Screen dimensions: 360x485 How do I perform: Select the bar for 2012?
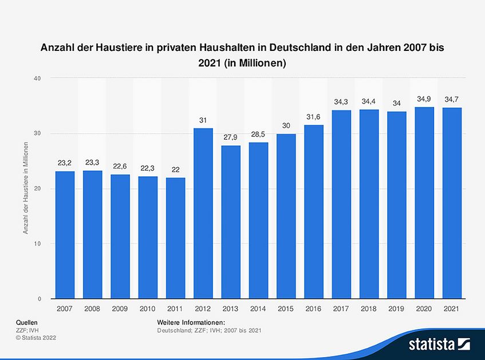click(x=203, y=213)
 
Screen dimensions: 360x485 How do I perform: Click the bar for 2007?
click(x=65, y=235)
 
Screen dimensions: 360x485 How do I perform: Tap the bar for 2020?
click(x=424, y=203)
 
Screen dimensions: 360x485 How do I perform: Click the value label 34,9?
click(x=424, y=99)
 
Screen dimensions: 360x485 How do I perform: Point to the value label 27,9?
click(x=231, y=138)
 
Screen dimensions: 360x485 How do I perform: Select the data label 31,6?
click(x=314, y=117)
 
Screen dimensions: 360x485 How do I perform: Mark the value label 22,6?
click(x=120, y=167)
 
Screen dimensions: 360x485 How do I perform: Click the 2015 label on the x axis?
click(x=286, y=308)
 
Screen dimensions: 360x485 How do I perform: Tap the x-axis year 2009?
click(x=120, y=308)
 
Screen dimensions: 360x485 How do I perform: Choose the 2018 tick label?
click(x=369, y=308)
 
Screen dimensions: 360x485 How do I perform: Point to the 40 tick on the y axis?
click(x=37, y=78)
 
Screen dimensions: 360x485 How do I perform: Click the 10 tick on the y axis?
click(x=37, y=244)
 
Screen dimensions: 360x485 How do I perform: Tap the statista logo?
click(x=439, y=343)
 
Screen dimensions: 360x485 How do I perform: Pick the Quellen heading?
click(x=26, y=323)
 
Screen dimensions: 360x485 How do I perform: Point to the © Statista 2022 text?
click(x=36, y=338)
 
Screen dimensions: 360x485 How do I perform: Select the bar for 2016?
click(x=314, y=212)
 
